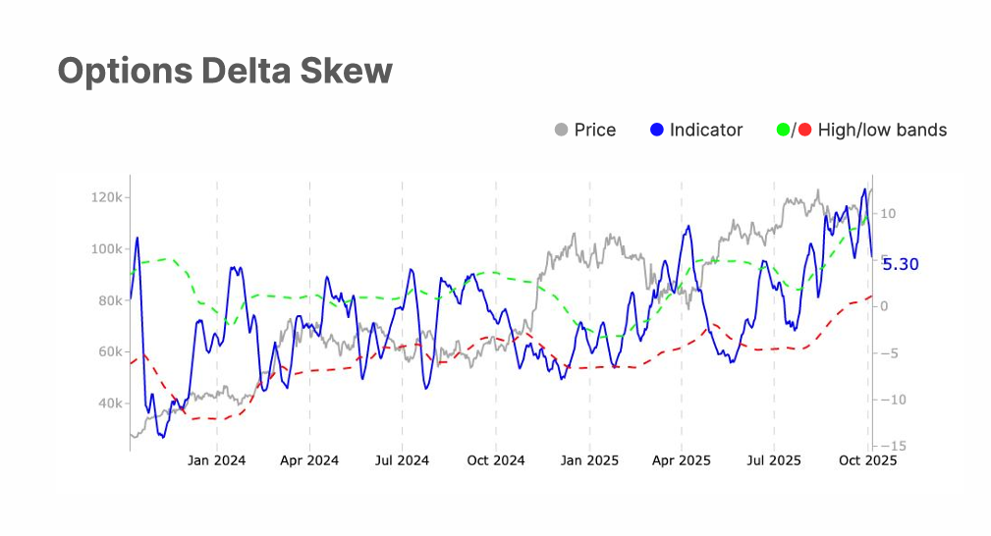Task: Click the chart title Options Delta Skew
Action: point(225,71)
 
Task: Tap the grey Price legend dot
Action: point(562,130)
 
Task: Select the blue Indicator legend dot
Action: point(657,130)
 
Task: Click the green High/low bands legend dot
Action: point(783,130)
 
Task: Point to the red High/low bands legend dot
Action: point(804,130)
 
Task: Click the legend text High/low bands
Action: point(882,130)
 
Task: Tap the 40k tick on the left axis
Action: point(109,403)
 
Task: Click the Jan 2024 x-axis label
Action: point(216,459)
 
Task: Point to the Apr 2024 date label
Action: point(309,459)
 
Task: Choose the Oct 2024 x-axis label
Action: point(495,459)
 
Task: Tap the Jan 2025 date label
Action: point(589,459)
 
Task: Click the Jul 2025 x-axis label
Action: point(774,459)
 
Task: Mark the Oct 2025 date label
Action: point(868,459)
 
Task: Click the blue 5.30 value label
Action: point(901,264)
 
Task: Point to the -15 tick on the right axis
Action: point(885,446)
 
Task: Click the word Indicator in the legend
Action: point(706,130)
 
